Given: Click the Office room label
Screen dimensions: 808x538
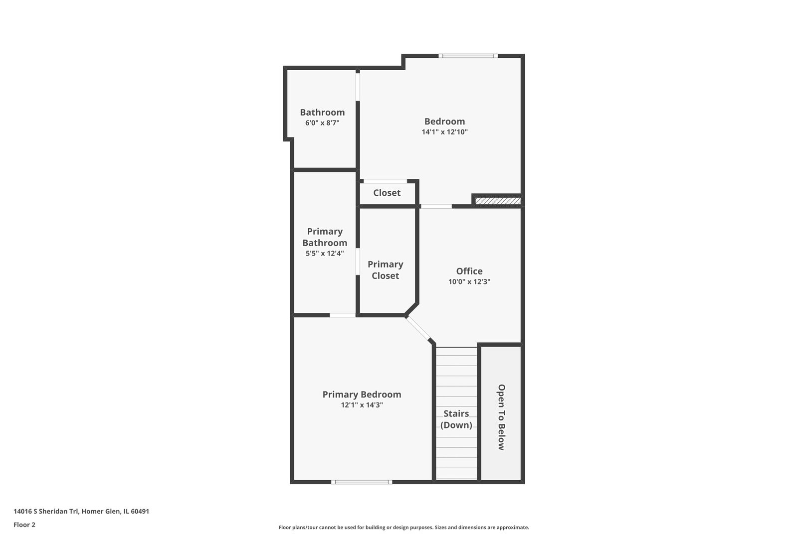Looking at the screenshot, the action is coord(469,271).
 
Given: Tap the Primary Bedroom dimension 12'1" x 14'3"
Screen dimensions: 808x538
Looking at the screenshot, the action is coord(362,404).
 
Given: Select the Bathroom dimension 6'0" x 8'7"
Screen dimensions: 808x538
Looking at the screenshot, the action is coord(322,123).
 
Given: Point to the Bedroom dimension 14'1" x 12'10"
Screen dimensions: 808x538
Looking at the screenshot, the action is coord(444,132).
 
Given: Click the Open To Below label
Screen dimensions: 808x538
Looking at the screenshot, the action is coord(501,417).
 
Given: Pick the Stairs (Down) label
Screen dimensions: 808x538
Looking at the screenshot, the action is coord(456,419).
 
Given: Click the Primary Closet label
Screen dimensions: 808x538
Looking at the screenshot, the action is coord(385,270).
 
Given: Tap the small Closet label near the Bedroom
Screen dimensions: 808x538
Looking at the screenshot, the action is coord(387,193).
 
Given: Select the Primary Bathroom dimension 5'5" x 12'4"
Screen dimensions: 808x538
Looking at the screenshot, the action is coord(325,254).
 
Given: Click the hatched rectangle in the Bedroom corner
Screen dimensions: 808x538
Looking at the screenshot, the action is coord(498,201).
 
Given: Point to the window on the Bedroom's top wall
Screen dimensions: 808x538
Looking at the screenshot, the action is coord(468,56).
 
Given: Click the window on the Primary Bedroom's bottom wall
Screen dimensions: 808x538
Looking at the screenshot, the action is coord(362,482).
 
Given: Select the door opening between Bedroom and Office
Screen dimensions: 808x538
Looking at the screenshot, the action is coord(436,206).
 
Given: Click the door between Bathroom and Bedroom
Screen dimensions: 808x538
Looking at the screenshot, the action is coord(358,87).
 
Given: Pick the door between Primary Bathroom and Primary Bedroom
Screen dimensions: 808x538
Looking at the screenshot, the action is coord(343,315).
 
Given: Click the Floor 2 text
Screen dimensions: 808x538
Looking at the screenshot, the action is coord(24,525).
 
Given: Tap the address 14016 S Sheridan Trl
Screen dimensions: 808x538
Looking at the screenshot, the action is coord(46,511).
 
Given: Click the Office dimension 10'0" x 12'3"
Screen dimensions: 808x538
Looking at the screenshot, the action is coord(469,282).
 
